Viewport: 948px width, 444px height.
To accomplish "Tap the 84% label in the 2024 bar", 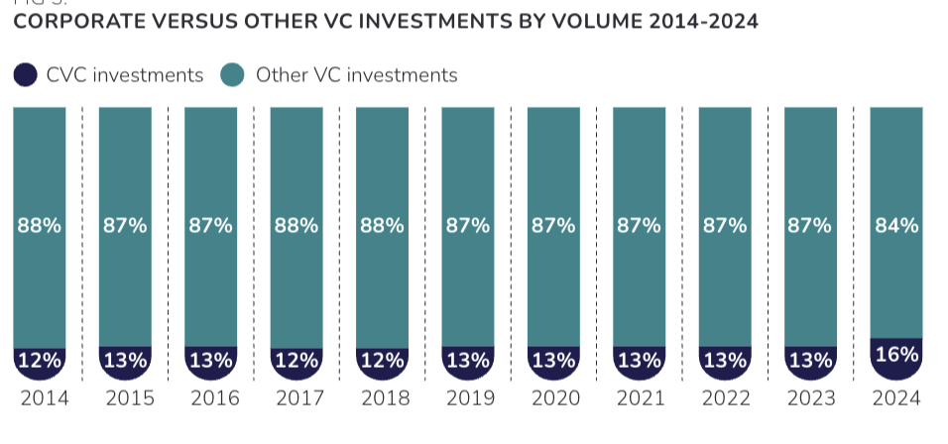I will pyautogui.click(x=896, y=226).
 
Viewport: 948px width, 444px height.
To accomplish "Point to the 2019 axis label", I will pyautogui.click(x=468, y=398).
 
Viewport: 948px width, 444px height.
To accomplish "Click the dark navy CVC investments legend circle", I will pyautogui.click(x=26, y=74).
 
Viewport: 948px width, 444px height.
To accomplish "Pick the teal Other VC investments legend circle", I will pyautogui.click(x=233, y=74).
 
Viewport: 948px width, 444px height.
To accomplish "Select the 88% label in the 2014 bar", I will pyautogui.click(x=40, y=226).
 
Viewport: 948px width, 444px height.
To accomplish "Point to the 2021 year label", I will pyautogui.click(x=640, y=398).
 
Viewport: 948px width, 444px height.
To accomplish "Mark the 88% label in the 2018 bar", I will pyautogui.click(x=382, y=226).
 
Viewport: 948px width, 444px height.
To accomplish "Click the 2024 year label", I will pyautogui.click(x=896, y=398).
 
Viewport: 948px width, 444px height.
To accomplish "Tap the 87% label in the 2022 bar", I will pyautogui.click(x=725, y=226).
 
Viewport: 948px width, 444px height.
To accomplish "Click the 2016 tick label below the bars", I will pyautogui.click(x=211, y=398).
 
